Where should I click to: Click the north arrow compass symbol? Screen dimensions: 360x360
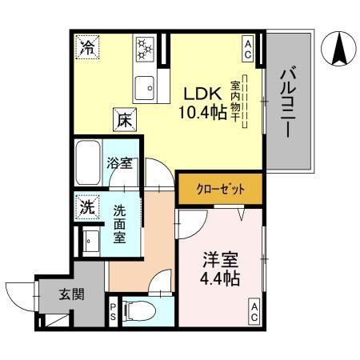click(337, 50)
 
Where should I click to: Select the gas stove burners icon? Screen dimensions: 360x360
click(146, 48)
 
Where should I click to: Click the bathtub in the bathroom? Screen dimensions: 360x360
click(87, 163)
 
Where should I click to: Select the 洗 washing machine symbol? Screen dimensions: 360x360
click(86, 206)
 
